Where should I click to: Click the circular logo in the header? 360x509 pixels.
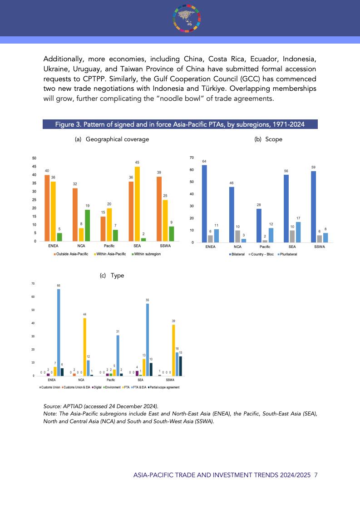pos(187,17)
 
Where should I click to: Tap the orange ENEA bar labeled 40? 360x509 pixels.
pos(47,208)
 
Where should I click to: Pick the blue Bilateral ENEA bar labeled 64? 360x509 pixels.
pos(204,203)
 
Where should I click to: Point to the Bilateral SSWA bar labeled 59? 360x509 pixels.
pos(313,207)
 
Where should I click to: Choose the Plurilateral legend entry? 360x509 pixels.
pos(287,254)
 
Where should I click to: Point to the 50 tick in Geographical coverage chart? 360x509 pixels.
pos(35,158)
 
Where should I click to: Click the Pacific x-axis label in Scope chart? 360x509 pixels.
pos(265,247)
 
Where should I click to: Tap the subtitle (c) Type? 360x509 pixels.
pos(112,276)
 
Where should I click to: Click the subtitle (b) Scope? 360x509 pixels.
pos(268,139)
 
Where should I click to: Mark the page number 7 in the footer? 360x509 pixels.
pos(316,475)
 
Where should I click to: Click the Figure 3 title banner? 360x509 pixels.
pos(180,124)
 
